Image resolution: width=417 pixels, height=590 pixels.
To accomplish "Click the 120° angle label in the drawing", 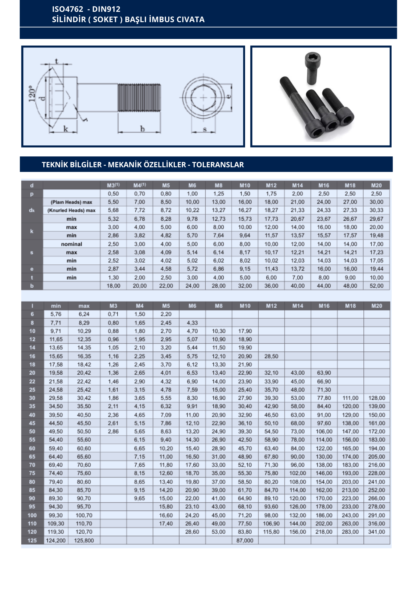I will click(x=32, y=94).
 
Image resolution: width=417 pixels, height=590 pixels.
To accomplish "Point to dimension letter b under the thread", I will click(x=142, y=129).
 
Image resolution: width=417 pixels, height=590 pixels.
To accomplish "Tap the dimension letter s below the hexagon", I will click(x=205, y=129).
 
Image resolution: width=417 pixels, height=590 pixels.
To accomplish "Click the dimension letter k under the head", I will click(x=65, y=129).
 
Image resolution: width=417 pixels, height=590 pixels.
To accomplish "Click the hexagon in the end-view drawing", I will click(x=203, y=97).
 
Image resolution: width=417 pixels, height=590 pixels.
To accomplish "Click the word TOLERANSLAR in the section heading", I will click(x=218, y=165).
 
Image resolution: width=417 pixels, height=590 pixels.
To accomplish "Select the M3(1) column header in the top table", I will click(x=113, y=185).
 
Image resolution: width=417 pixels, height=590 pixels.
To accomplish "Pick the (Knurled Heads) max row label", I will click(x=71, y=210).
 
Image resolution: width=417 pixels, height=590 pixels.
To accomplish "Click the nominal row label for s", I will click(x=71, y=244).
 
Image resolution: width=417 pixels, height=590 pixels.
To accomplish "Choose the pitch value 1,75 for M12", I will click(x=271, y=194).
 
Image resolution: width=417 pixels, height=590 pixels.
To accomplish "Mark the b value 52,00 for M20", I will click(x=376, y=286).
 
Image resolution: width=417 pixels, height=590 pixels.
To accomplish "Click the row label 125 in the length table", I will click(x=32, y=540).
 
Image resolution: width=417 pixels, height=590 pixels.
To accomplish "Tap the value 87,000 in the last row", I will click(x=245, y=540).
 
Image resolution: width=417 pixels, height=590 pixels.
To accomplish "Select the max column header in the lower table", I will click(x=84, y=306).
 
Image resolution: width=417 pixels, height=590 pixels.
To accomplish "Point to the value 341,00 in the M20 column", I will click(x=376, y=532).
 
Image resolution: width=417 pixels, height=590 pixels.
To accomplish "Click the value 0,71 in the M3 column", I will click(x=113, y=314).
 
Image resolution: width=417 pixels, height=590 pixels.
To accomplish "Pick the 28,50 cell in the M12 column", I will click(x=271, y=356).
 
